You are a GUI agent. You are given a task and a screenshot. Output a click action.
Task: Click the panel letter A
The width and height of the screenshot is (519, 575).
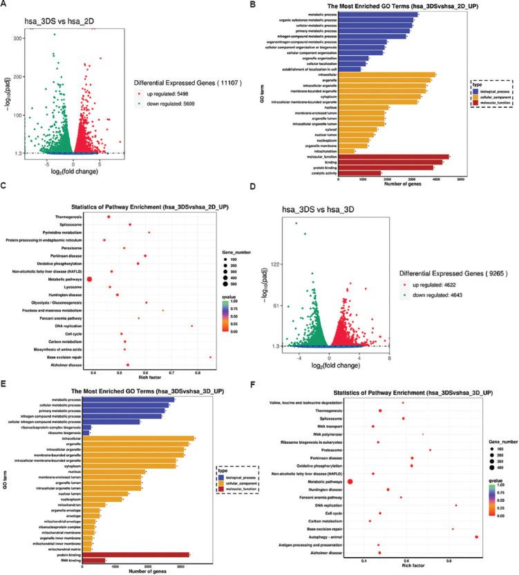[x=5, y=6]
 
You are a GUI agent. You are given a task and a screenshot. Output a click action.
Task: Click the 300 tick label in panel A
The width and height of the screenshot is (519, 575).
[x=15, y=38]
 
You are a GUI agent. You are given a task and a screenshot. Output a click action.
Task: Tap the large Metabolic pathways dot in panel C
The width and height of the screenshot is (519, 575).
[x=90, y=278]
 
